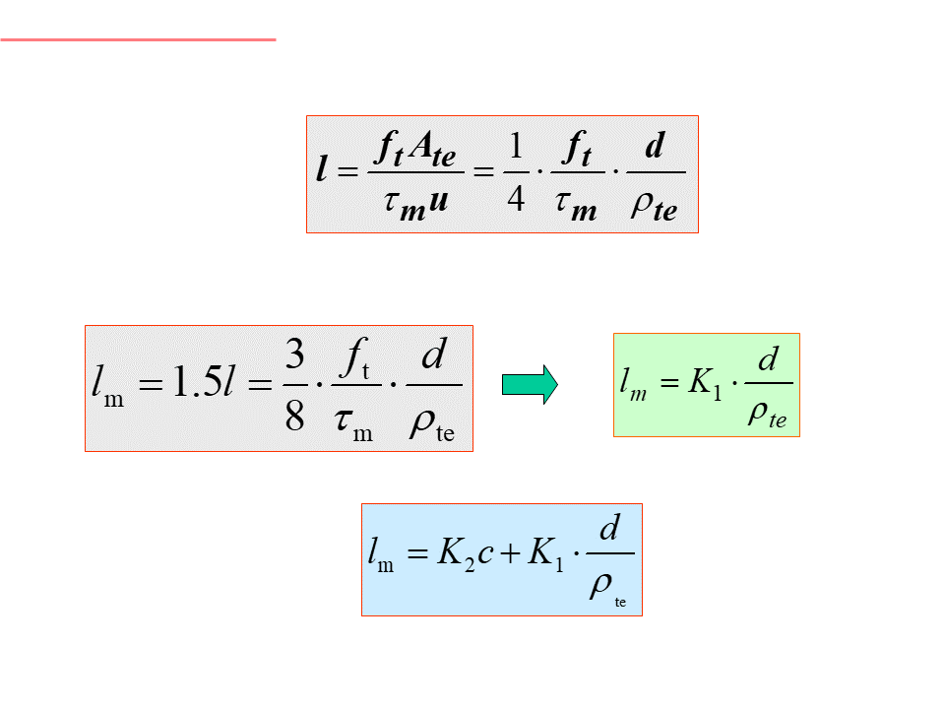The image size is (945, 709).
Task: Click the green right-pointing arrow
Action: pos(530,384)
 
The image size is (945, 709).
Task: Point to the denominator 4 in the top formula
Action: pos(515,201)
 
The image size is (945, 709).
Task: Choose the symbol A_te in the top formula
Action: pos(432,150)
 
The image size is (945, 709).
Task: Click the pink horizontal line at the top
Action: pos(138,39)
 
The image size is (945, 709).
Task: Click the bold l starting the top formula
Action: pos(322,172)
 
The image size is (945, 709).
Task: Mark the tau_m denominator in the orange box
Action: pos(350,423)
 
